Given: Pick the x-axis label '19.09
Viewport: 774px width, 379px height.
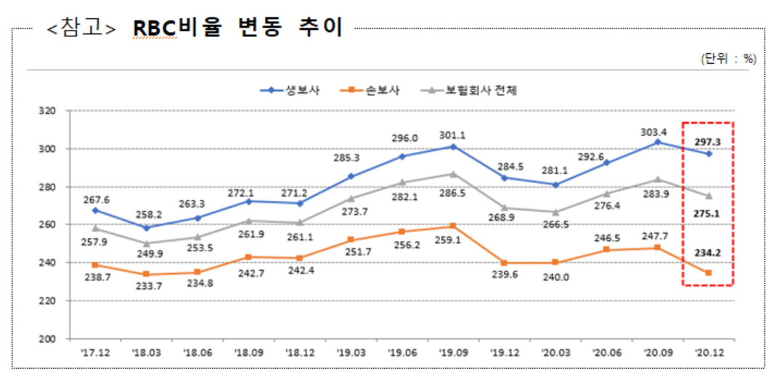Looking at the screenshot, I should (x=452, y=355).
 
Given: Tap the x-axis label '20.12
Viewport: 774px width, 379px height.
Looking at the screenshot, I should (x=708, y=355).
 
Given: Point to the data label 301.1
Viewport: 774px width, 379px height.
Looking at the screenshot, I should (x=452, y=135).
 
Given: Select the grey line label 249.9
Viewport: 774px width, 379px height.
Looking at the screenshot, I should (x=147, y=253).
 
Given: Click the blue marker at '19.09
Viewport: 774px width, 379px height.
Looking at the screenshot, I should (x=453, y=147).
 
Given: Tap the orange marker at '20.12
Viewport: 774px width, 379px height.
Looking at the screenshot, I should (x=709, y=273).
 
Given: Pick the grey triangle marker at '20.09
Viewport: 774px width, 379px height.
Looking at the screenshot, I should (x=657, y=179).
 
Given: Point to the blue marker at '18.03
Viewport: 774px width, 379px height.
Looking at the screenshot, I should (x=147, y=228).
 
